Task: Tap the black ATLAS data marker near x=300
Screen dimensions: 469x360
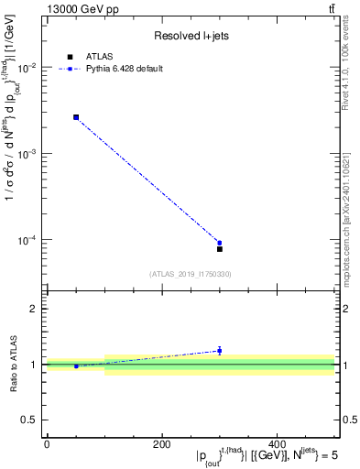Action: [x=220, y=249]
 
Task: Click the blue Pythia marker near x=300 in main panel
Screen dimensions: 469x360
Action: [x=220, y=243]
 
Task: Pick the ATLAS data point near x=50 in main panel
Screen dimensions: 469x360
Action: [x=76, y=117]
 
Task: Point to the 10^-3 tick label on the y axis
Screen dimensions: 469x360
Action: [x=29, y=154]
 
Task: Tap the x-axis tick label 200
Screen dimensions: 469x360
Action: [x=162, y=444]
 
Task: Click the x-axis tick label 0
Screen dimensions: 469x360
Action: [x=47, y=444]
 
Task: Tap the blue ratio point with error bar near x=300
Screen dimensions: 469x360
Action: [x=220, y=350]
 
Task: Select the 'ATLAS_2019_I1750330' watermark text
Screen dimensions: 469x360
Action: [x=190, y=274]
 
